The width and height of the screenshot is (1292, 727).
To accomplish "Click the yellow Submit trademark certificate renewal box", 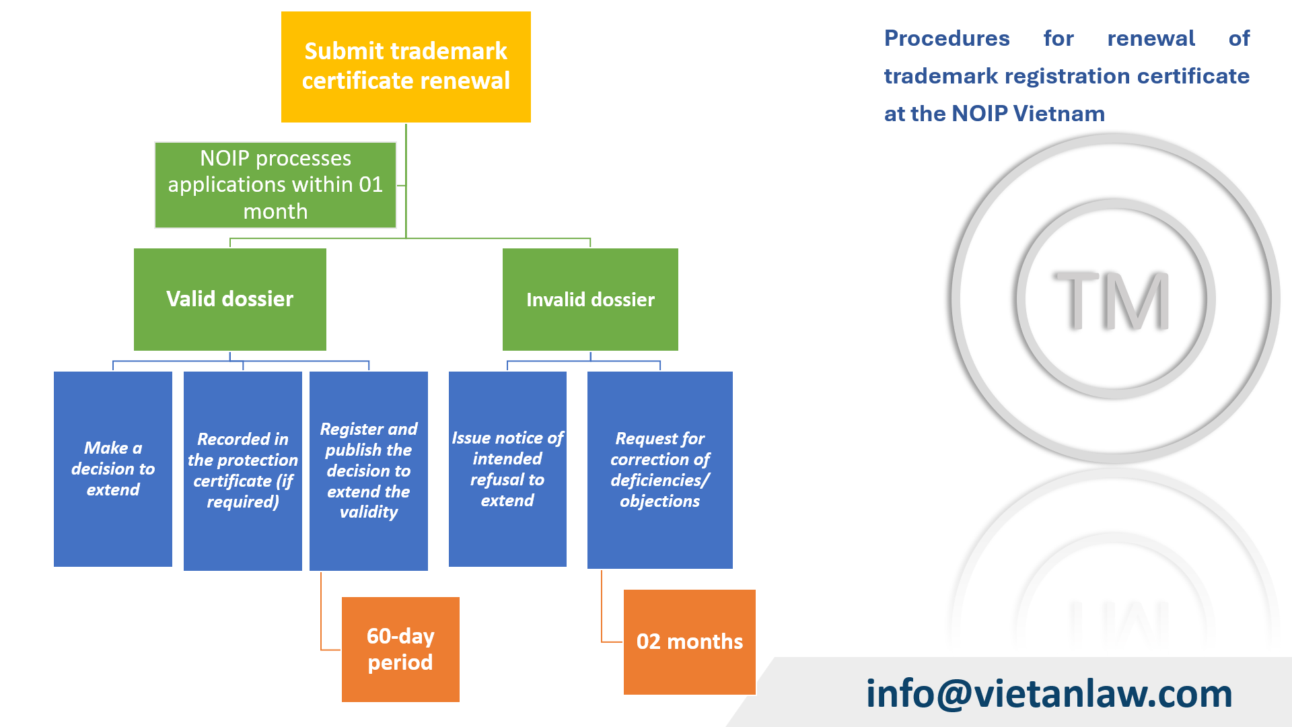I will [x=406, y=67].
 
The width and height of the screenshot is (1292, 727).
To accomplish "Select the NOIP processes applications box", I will [x=275, y=184].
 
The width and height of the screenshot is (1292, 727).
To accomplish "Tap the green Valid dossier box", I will [x=229, y=299].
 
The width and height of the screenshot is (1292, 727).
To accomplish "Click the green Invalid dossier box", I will [x=590, y=299].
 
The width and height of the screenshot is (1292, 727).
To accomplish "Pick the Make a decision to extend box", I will [x=112, y=469].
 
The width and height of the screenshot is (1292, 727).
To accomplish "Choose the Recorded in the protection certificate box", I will [x=242, y=471].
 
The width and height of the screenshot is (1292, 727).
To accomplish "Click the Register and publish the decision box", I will [x=368, y=471].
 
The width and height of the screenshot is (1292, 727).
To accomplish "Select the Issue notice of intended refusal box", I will [x=507, y=469].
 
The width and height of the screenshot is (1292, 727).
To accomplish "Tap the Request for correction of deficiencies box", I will [x=659, y=470].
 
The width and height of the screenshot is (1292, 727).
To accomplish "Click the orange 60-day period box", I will [x=400, y=649].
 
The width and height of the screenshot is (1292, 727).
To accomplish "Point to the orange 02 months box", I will [x=689, y=642].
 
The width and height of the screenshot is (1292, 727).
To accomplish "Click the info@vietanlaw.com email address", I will [x=1048, y=693].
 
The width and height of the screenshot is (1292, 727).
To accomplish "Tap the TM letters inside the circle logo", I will [x=1112, y=300].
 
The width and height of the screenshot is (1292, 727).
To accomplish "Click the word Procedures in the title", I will [x=946, y=38].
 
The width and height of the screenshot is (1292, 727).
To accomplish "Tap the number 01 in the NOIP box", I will [x=371, y=184].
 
